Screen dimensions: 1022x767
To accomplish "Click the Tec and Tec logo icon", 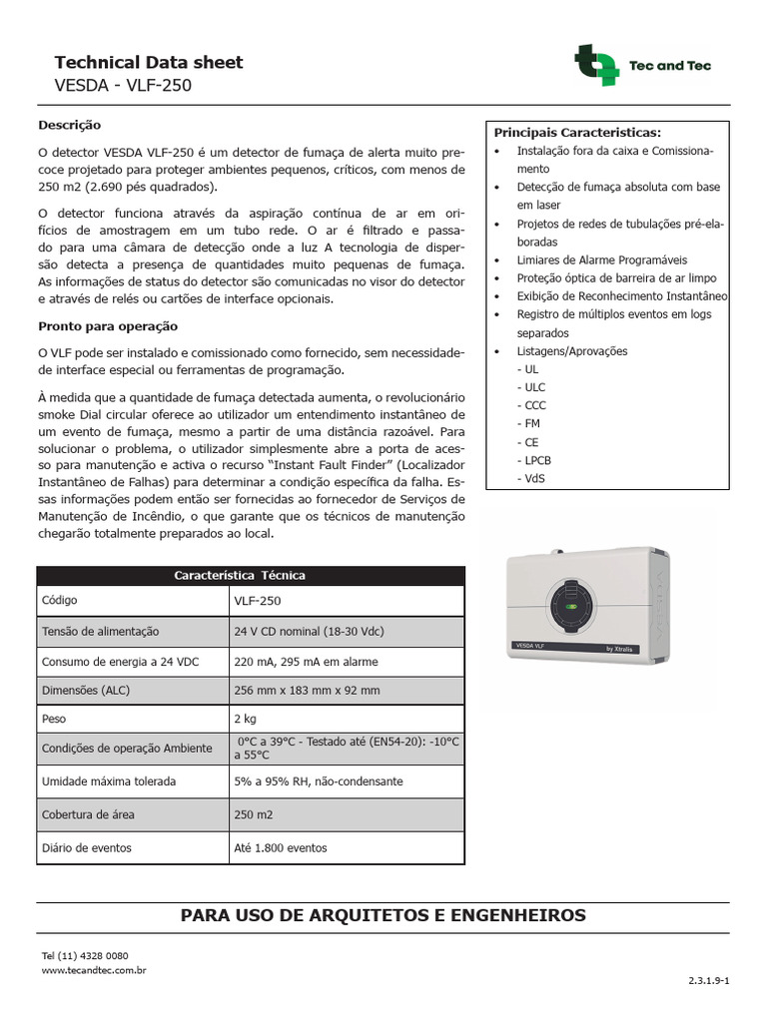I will tap(597, 66).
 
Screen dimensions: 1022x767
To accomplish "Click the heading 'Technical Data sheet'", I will tap(148, 63).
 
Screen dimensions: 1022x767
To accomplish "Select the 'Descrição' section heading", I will tap(69, 126).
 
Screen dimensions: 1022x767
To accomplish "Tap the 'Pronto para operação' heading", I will tap(107, 326).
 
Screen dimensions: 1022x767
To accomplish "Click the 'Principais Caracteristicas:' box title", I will tap(576, 132).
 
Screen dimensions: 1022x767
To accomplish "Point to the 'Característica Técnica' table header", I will tap(240, 575).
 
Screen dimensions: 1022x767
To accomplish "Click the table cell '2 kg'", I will tap(245, 718).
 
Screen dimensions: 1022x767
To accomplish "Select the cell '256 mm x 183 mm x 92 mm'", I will tap(307, 690).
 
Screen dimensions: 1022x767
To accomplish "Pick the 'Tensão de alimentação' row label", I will tap(100, 632).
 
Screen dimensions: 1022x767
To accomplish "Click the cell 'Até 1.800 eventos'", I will tap(281, 847).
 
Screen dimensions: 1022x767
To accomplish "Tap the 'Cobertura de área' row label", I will tap(88, 814).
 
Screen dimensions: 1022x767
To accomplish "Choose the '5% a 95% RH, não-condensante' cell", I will tap(319, 781).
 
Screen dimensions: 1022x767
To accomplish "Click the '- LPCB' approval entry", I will tap(534, 460).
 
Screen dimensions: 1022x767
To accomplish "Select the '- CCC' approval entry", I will tap(531, 405).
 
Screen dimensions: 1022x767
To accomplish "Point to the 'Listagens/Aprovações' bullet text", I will tap(572, 351).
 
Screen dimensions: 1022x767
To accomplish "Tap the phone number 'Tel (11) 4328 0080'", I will tap(85, 956).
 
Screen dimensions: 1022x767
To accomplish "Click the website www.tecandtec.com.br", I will tap(94, 969).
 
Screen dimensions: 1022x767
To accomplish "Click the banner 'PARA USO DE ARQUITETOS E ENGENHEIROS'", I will tap(383, 915).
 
